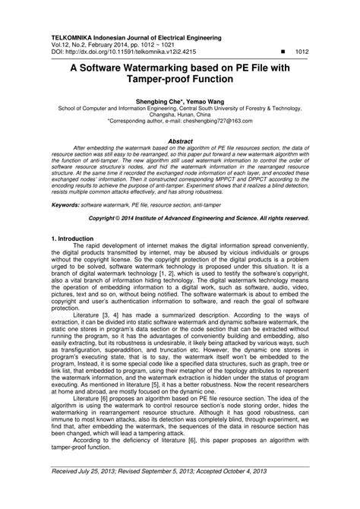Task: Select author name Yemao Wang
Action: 196,100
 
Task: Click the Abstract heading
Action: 180,141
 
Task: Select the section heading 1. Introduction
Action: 75,238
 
